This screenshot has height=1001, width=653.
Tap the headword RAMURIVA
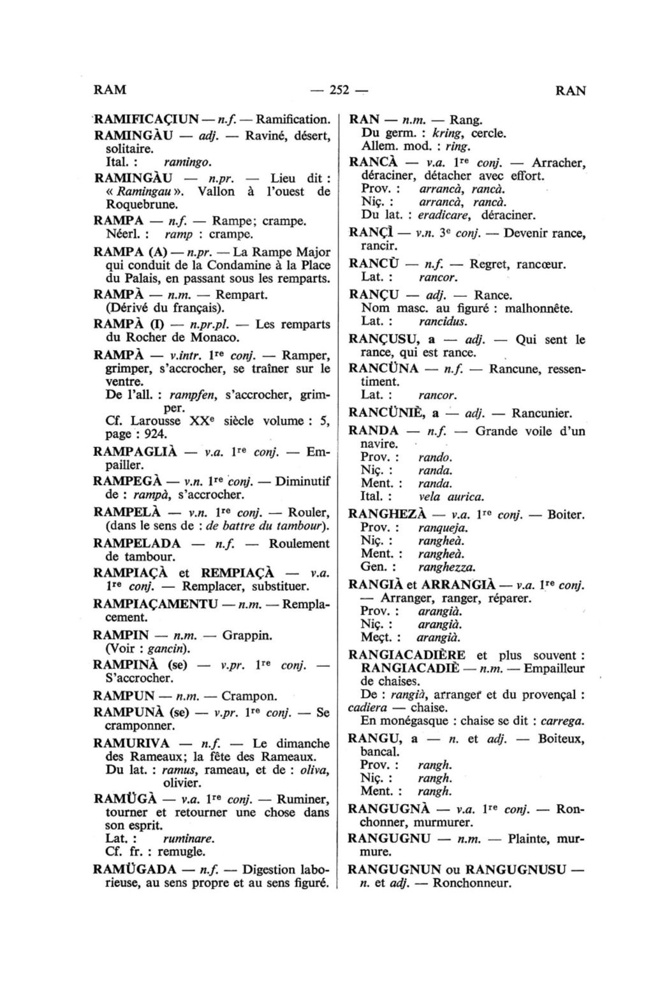tap(131, 743)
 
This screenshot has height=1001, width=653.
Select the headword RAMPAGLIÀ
tap(133, 452)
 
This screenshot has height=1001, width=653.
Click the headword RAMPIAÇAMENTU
tap(156, 604)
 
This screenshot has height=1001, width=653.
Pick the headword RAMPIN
tap(121, 635)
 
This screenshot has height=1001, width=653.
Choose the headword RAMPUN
tap(124, 695)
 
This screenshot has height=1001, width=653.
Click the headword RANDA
tap(374, 430)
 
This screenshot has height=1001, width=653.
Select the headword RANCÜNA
tap(383, 369)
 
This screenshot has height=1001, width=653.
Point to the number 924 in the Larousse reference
tap(156, 434)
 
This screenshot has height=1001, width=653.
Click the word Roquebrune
tap(135, 205)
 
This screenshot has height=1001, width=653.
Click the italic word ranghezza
tap(446, 567)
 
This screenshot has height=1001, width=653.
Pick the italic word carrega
tap(562, 721)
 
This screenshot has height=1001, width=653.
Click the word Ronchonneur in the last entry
tap(472, 883)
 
